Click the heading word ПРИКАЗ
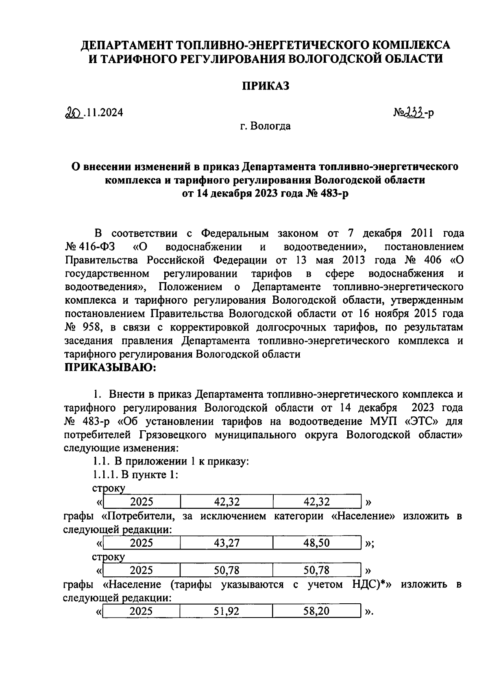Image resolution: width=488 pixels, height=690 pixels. (x=266, y=86)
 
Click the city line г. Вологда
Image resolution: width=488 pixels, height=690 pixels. (x=265, y=126)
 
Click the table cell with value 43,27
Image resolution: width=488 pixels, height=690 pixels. (x=227, y=543)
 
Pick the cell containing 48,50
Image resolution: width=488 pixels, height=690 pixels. (x=316, y=543)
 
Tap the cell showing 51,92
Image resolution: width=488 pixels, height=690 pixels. (x=227, y=611)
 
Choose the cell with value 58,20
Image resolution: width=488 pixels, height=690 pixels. (x=316, y=611)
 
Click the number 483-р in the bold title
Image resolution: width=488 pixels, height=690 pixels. (x=333, y=193)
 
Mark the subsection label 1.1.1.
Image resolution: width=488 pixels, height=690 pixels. (x=104, y=475)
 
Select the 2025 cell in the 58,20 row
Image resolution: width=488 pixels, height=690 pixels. (x=141, y=611)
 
